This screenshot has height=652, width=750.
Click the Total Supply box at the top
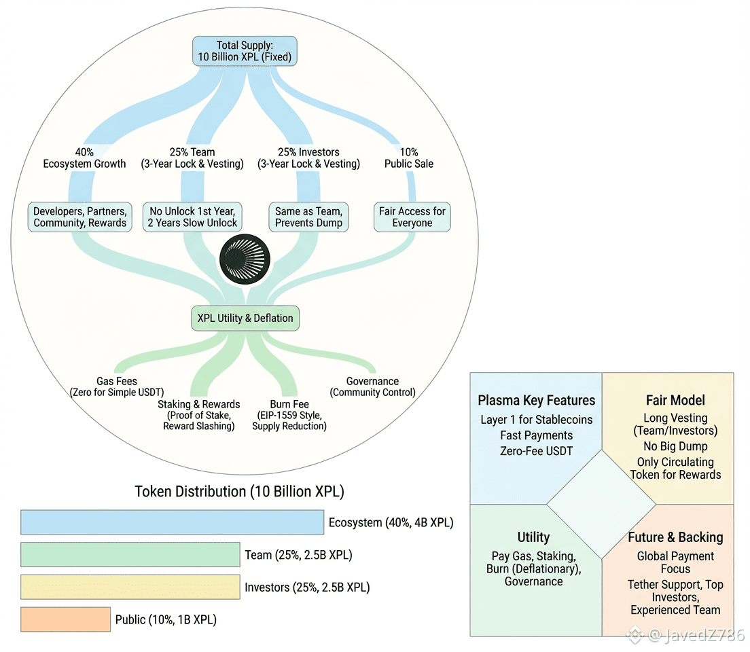pyautogui.click(x=245, y=51)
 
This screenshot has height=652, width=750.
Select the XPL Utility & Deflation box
pyautogui.click(x=245, y=318)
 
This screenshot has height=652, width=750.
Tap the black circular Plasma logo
pyautogui.click(x=245, y=259)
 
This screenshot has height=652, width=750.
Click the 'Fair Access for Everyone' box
pyautogui.click(x=412, y=217)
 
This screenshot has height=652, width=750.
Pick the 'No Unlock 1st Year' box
pyautogui.click(x=192, y=217)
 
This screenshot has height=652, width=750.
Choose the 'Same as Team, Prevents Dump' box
pyautogui.click(x=308, y=217)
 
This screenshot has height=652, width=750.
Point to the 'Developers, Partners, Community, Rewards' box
pyautogui.click(x=80, y=217)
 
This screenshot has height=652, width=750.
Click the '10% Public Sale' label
pyautogui.click(x=409, y=158)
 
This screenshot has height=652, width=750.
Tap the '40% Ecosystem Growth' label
pyautogui.click(x=85, y=158)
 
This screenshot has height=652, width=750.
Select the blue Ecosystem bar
pyautogui.click(x=172, y=522)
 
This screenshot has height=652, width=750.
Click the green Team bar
pyautogui.click(x=130, y=554)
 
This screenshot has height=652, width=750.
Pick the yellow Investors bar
pyautogui.click(x=130, y=587)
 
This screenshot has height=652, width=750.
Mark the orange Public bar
pyautogui.click(x=65, y=619)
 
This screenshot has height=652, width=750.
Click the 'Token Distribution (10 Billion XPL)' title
pyautogui.click(x=240, y=492)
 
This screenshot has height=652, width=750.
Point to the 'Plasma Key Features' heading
pyautogui.click(x=536, y=400)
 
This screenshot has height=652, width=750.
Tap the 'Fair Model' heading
pyautogui.click(x=675, y=400)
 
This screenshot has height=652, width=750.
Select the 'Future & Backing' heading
pyautogui.click(x=675, y=537)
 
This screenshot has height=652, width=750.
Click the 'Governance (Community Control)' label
pyautogui.click(x=372, y=387)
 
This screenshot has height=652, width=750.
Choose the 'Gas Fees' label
pyautogui.click(x=117, y=381)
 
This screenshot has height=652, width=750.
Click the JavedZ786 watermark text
pyautogui.click(x=696, y=635)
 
